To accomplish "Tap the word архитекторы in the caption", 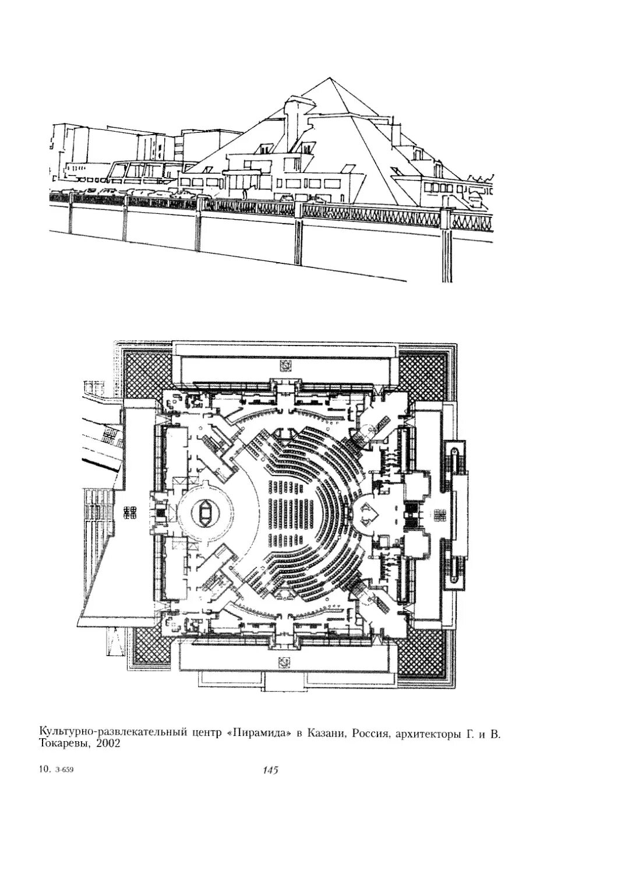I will (428, 733).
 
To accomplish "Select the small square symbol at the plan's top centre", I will (285, 366).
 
